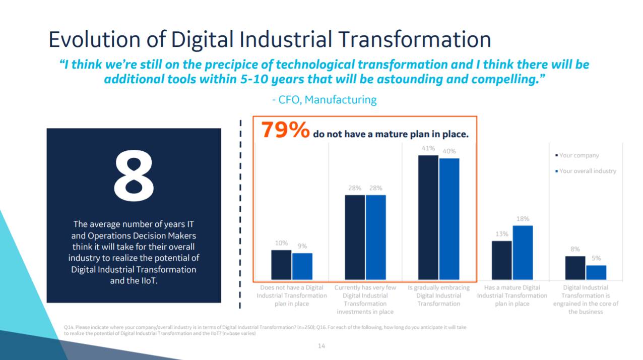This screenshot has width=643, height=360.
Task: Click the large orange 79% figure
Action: [x=285, y=130]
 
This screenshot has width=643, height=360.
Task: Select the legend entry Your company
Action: [x=579, y=156]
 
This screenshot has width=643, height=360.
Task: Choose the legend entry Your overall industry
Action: [x=588, y=171]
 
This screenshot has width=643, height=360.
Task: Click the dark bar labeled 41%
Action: [x=428, y=217]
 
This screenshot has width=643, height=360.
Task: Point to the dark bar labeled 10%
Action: [x=281, y=265]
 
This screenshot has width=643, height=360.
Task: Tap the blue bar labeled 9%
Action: [x=302, y=266]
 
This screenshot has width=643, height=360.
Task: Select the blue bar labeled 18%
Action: [x=523, y=253]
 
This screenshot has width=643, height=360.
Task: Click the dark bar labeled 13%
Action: [x=501, y=260]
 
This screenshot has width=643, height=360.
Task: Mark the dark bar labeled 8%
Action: [x=575, y=268]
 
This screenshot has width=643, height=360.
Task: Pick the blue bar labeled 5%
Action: [x=596, y=272]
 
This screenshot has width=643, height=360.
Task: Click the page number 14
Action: [x=321, y=346]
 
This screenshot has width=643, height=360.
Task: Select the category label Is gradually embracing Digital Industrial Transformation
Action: [x=438, y=295]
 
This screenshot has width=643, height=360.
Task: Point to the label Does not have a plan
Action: [x=292, y=295]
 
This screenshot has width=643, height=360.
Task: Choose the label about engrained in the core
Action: [x=586, y=299]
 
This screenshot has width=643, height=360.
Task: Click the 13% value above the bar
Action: [x=501, y=234]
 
